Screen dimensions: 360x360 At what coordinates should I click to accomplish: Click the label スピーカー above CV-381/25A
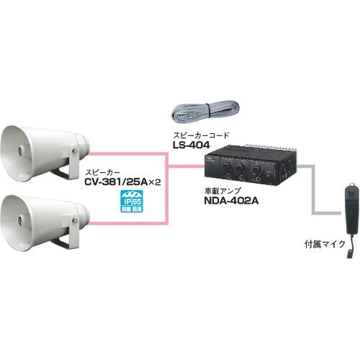(102, 173)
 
